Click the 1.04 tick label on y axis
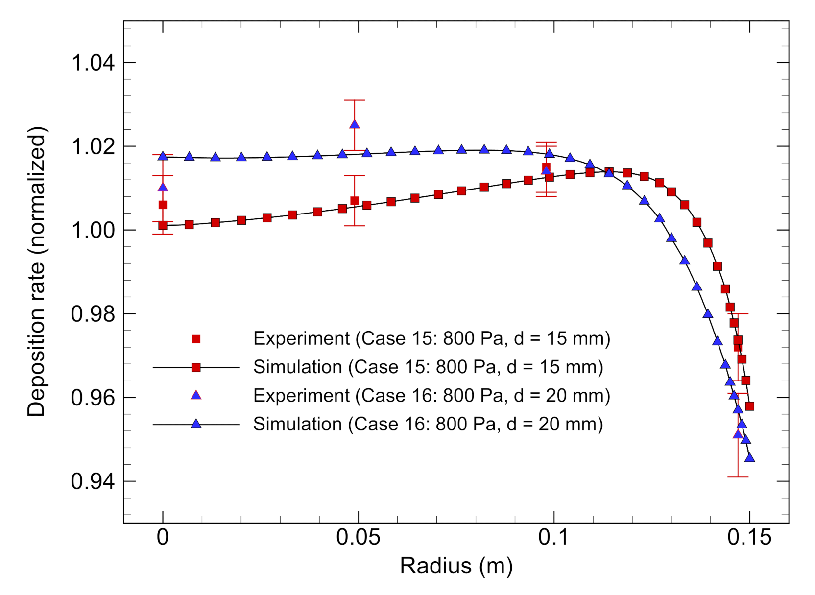[x=93, y=63]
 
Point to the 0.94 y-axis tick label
[x=93, y=481]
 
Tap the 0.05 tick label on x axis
[x=358, y=538]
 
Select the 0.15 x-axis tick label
[x=749, y=538]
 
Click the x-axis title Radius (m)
[x=456, y=566]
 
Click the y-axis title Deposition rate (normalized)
[x=37, y=272]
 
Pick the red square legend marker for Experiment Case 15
[x=196, y=339]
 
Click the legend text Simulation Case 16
[x=428, y=424]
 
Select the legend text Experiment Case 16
[x=431, y=396]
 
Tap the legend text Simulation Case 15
[x=428, y=367]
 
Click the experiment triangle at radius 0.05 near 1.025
[x=355, y=124]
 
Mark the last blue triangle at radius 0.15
[x=749, y=458]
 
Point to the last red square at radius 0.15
[x=749, y=406]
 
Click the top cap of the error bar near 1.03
[x=355, y=100]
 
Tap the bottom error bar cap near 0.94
[x=738, y=476]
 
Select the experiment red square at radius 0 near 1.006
[x=163, y=205]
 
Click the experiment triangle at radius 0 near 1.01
[x=163, y=187]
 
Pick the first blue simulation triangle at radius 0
[x=163, y=156]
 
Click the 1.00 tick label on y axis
[x=93, y=230]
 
